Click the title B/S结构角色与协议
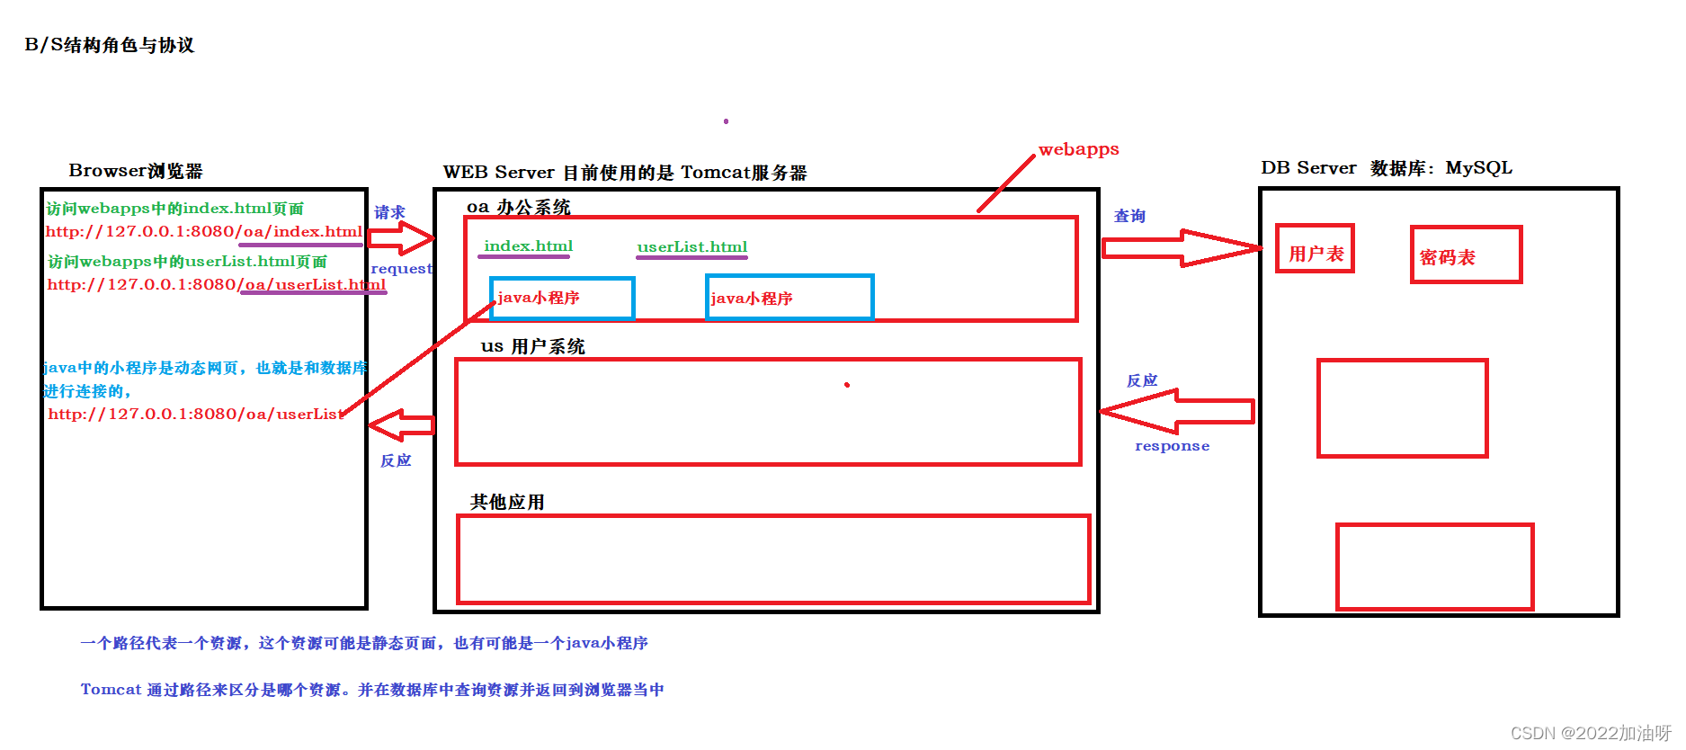110,45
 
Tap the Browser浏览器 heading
136,171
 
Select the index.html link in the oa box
528,246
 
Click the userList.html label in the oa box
691,247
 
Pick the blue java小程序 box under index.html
562,298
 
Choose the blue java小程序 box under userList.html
789,298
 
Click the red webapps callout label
1078,149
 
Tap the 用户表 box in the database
1315,249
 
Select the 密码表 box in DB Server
1465,255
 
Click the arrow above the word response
1177,411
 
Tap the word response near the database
1172,446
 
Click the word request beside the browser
401,269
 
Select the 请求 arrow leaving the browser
400,238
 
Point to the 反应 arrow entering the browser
402,424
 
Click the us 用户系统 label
532,346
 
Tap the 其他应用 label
507,502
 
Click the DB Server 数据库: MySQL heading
1386,168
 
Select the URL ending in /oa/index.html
204,232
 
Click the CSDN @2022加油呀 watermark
1589,733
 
